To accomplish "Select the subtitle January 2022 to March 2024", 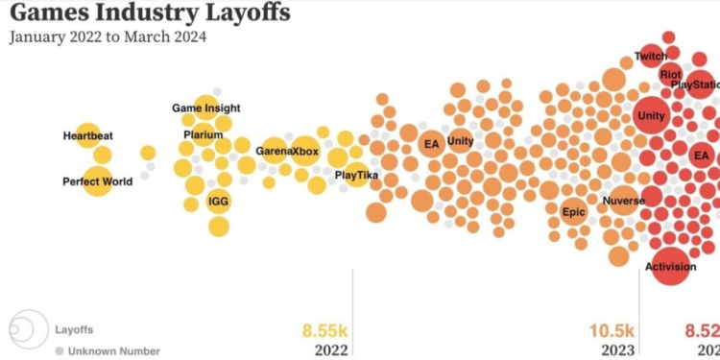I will pos(108,37).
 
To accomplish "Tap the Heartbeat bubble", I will pos(88,135).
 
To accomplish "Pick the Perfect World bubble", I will pos(97,180).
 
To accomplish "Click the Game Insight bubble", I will pos(206,108).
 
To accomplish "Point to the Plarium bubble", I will pos(203,134).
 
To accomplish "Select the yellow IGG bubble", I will pos(219,202).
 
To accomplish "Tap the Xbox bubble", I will pos(305,151).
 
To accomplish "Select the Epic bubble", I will pos(573,212).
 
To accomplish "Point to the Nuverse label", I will pos(622,202).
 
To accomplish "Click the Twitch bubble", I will pos(650,57).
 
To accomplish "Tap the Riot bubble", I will pos(671,74).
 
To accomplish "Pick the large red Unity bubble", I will pos(650,116).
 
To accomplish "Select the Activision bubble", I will pos(670,266).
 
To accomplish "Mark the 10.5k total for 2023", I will pos(615,330).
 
